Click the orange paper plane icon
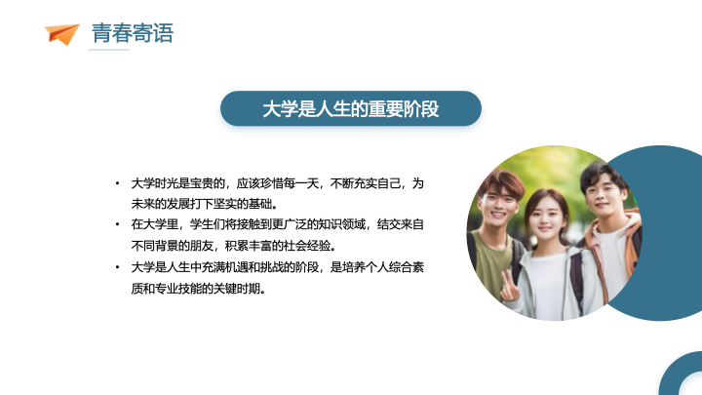tap(61, 34)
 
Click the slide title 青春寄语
tap(133, 33)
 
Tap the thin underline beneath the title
tap(109, 50)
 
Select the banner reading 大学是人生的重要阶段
tap(351, 108)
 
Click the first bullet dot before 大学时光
tap(117, 183)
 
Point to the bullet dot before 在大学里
tap(117, 224)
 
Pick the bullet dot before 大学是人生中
tap(117, 267)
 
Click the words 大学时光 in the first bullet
tap(154, 183)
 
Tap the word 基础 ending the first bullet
tap(260, 204)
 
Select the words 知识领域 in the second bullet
tap(342, 224)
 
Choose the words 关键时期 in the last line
tap(236, 289)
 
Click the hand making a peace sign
tap(510, 287)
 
